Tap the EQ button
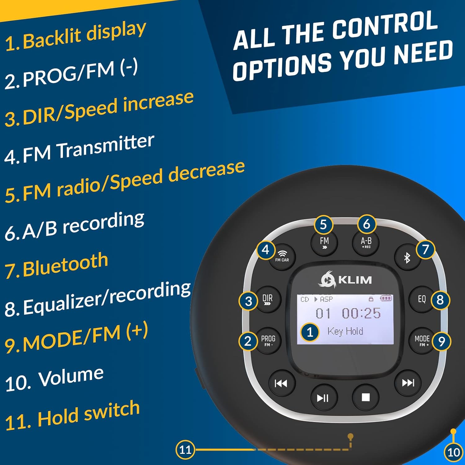pos(422,299)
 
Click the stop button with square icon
pos(366,397)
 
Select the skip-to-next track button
pos(408,383)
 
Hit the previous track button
pos(281,384)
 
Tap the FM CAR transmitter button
pos(282,257)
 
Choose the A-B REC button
pos(366,242)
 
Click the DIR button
pos(267,299)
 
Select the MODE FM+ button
pos(422,340)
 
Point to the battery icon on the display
pos(386,298)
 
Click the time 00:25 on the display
pos(361,313)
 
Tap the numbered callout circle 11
pos(185,449)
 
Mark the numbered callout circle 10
pos(454,453)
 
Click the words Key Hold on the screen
pos(345,331)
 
